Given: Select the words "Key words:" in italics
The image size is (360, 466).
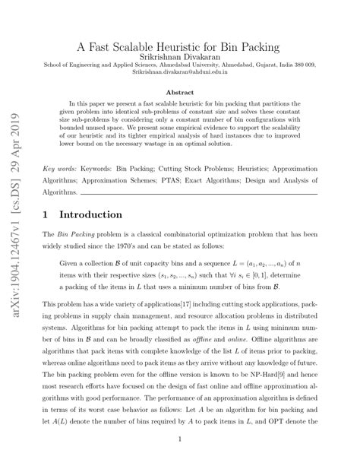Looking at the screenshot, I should point(62,166).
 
